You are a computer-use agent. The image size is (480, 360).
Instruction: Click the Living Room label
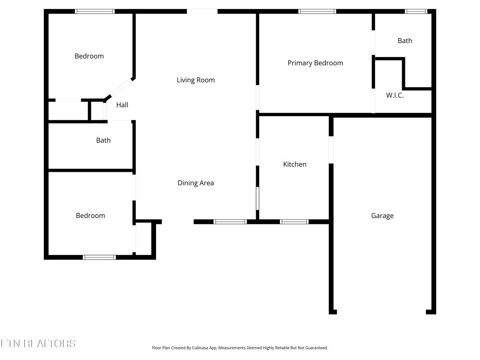pyautogui.click(x=195, y=80)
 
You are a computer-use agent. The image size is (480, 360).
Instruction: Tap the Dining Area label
pyautogui.click(x=195, y=183)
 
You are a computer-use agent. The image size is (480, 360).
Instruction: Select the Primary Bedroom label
pyautogui.click(x=315, y=63)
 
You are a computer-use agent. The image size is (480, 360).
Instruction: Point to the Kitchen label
pyautogui.click(x=294, y=164)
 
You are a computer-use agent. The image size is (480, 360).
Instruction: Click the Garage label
pyautogui.click(x=382, y=216)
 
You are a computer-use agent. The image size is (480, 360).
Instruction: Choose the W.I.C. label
pyautogui.click(x=395, y=95)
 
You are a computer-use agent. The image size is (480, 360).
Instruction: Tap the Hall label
pyautogui.click(x=122, y=105)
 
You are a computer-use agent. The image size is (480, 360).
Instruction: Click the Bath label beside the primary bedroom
pyautogui.click(x=405, y=40)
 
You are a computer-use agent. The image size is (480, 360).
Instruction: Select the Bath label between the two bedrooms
pyautogui.click(x=103, y=140)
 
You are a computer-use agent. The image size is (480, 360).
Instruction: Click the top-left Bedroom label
pyautogui.click(x=89, y=56)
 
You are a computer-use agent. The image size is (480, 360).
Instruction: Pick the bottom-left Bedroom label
pyautogui.click(x=90, y=216)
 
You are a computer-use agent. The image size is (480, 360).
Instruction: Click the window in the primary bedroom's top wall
pyautogui.click(x=317, y=11)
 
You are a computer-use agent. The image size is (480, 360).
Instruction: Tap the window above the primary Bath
pyautogui.click(x=416, y=11)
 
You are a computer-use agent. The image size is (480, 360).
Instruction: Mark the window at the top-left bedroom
pyautogui.click(x=95, y=11)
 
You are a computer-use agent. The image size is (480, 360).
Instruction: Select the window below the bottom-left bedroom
pyautogui.click(x=99, y=257)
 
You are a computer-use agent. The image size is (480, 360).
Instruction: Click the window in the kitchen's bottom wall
pyautogui.click(x=294, y=222)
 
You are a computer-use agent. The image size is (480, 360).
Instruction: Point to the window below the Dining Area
pyautogui.click(x=230, y=222)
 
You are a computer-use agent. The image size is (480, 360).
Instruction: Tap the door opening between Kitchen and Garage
pyautogui.click(x=331, y=150)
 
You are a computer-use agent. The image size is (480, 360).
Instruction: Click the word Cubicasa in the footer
pyautogui.click(x=200, y=348)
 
